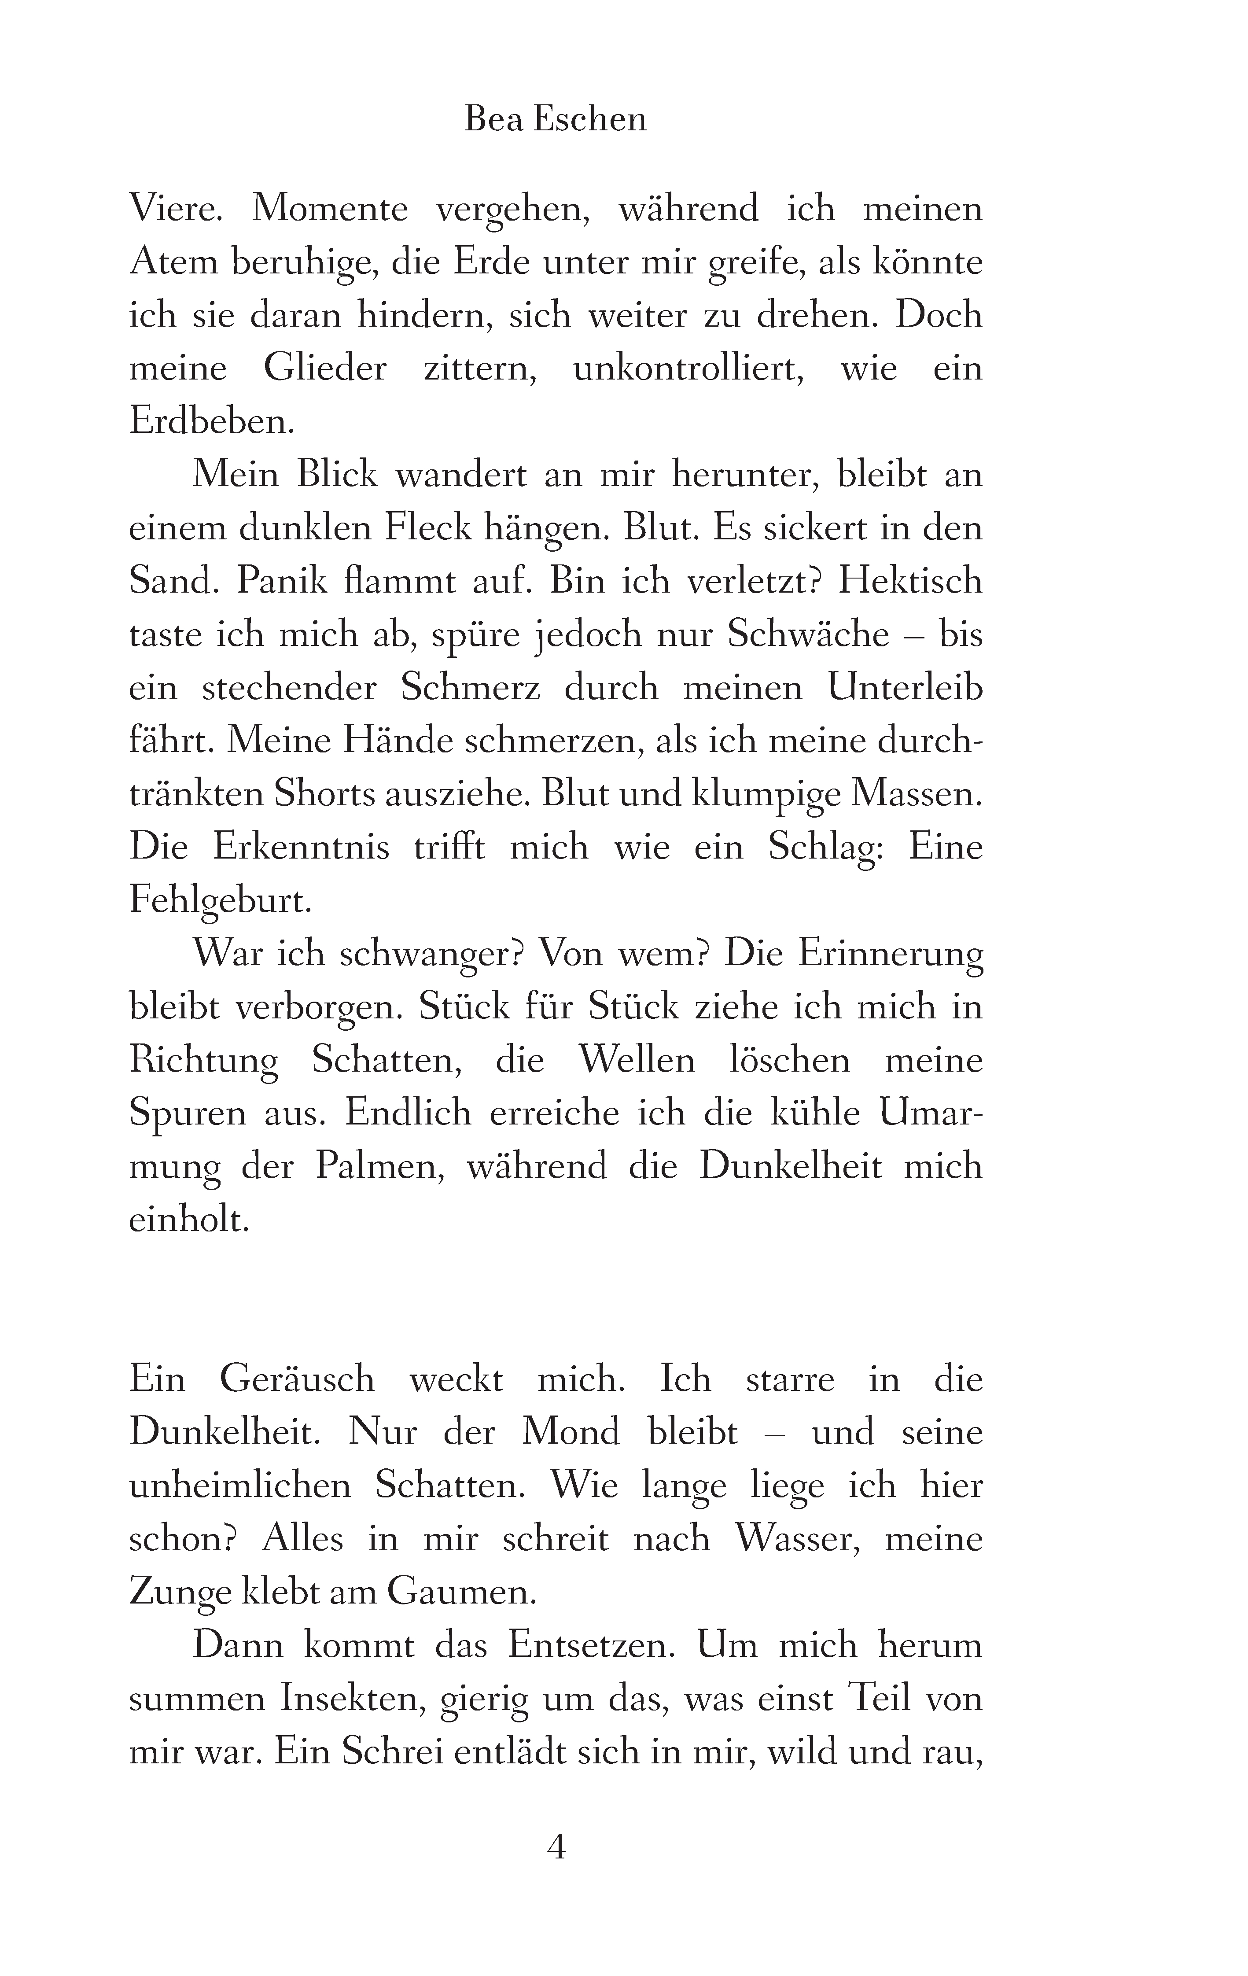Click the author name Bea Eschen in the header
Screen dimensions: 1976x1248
click(x=556, y=120)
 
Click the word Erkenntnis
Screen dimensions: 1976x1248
click(x=301, y=847)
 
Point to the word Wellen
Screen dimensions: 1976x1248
click(x=636, y=1060)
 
